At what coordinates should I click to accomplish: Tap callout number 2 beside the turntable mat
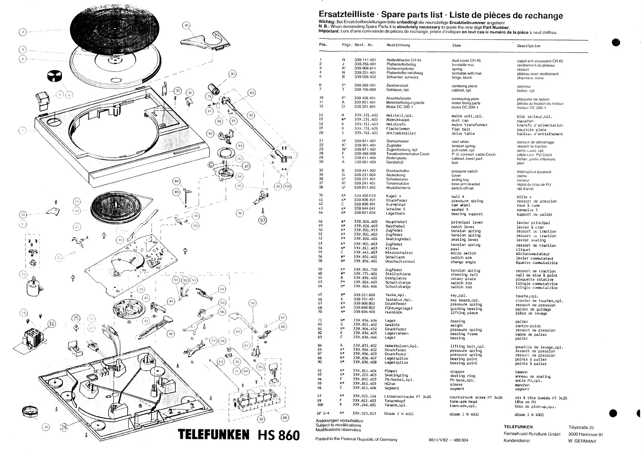click(x=23, y=32)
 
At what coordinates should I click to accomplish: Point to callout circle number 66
click(x=285, y=418)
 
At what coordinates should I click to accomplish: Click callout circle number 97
click(x=262, y=220)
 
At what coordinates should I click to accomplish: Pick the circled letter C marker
click(x=211, y=165)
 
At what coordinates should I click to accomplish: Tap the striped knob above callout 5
click(x=55, y=76)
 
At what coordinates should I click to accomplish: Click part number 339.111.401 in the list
click(x=365, y=60)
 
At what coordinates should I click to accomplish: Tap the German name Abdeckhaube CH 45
click(x=404, y=60)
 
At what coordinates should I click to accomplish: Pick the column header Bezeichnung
click(x=398, y=45)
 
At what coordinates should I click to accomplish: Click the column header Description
click(x=529, y=46)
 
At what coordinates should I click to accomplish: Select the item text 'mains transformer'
click(x=469, y=125)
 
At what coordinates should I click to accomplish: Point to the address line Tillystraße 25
click(x=581, y=427)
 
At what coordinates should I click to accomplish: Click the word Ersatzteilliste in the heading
click(x=346, y=14)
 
